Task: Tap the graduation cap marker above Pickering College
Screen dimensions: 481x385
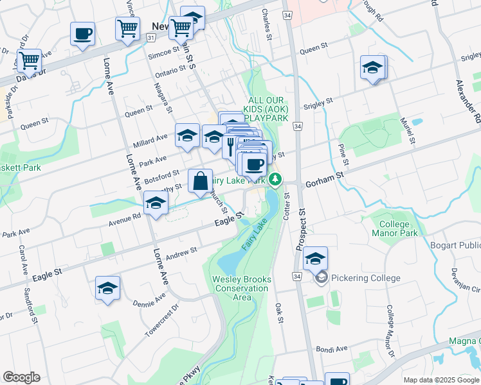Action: point(316,259)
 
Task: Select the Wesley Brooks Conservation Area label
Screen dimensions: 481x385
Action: point(242,288)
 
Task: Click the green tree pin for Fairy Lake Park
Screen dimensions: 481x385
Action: point(275,179)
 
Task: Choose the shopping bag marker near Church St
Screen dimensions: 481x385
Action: point(200,182)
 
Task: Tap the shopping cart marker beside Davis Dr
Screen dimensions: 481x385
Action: point(29,61)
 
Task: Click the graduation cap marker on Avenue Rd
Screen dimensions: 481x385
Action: point(155,205)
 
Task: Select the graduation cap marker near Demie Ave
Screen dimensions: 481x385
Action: point(107,289)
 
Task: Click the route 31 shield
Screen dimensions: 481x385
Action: point(150,38)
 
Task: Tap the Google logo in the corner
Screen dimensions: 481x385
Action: point(21,377)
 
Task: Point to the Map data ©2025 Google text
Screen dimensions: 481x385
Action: point(440,380)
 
